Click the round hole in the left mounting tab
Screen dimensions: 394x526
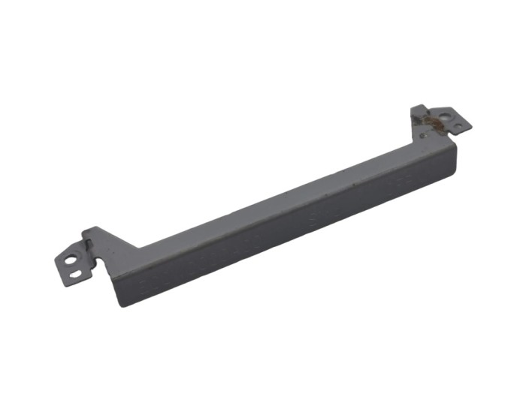71,262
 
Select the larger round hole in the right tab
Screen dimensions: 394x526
446,116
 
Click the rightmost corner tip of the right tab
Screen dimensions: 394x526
471,126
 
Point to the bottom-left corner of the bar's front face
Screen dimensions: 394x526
121,304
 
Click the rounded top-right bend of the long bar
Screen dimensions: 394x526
453,144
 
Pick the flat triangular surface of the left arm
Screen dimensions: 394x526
113,248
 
